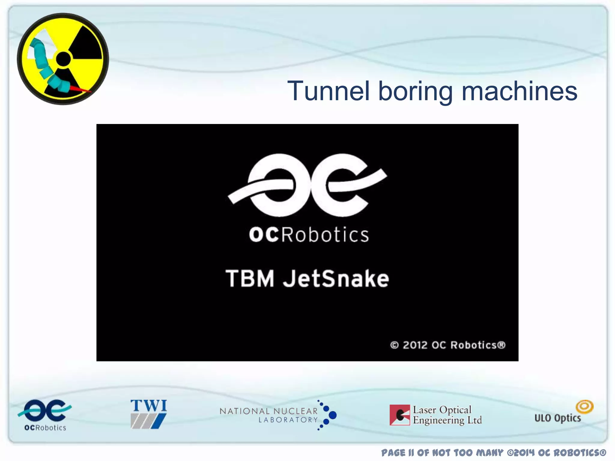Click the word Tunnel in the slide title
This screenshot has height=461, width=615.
pos(328,91)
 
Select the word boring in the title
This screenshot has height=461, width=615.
pos(415,92)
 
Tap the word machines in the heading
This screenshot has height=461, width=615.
pos(519,91)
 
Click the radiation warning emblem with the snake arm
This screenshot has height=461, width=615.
pos(63,59)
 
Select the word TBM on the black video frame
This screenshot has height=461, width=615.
pos(250,279)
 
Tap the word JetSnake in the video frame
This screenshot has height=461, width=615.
pos(336,279)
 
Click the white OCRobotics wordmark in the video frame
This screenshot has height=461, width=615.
pos(309,235)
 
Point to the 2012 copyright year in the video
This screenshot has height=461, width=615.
pos(415,345)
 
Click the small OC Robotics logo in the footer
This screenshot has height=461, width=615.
pos(45,414)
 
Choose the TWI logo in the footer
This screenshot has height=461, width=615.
pos(148,414)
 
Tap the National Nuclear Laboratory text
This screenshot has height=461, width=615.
pos(269,415)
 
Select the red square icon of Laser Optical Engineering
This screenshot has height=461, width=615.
pos(400,415)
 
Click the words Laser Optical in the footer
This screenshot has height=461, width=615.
pos(442,410)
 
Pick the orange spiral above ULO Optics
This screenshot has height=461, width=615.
pos(584,407)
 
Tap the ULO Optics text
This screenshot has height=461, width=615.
pos(558,418)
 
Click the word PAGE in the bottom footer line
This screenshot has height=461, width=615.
pos(393,453)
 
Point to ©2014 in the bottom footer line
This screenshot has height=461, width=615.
pos(521,453)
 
